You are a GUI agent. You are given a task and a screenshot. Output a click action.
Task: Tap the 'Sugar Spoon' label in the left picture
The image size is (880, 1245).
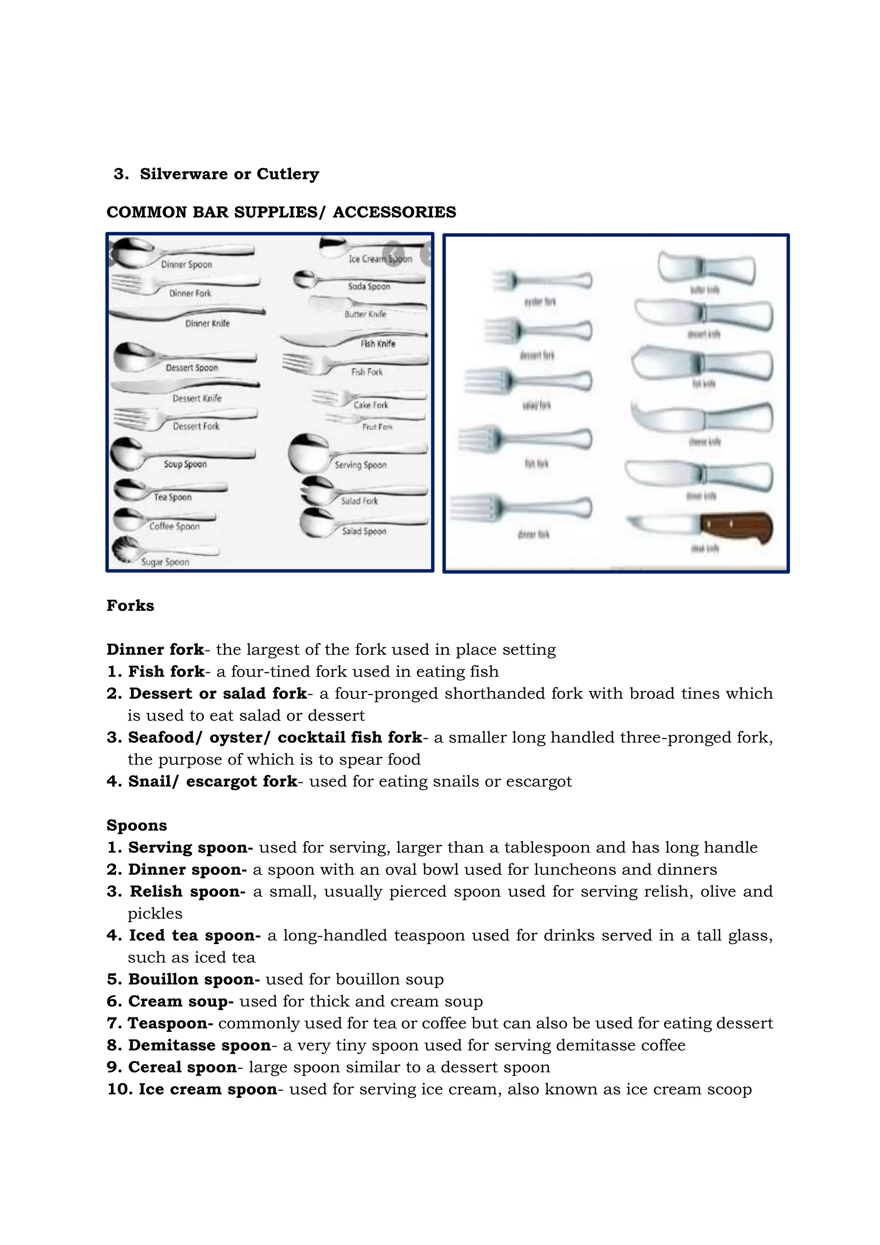pos(165,562)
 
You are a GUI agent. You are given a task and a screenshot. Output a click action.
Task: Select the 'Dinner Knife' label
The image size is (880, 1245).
pos(208,323)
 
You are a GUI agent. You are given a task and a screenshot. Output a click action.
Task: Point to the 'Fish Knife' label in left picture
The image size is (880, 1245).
pos(378,344)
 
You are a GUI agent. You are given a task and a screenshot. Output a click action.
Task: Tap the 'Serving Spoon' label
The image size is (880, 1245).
pos(361,465)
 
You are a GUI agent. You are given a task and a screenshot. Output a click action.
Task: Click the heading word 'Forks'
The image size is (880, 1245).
pos(130,606)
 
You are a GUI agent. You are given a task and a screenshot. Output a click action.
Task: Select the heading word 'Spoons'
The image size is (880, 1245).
pos(137,825)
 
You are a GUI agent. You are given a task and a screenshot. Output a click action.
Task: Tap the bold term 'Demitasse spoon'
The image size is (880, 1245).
pos(199,1045)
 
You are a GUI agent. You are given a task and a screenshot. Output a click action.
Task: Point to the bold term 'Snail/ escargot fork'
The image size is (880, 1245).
pos(212,782)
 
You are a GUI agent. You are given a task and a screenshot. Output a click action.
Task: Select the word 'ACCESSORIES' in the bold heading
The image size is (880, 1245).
pos(394,212)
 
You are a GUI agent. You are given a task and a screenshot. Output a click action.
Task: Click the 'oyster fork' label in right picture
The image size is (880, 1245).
pos(540,301)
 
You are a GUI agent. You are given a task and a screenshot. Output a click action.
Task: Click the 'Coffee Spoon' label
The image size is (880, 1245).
pos(174,526)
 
